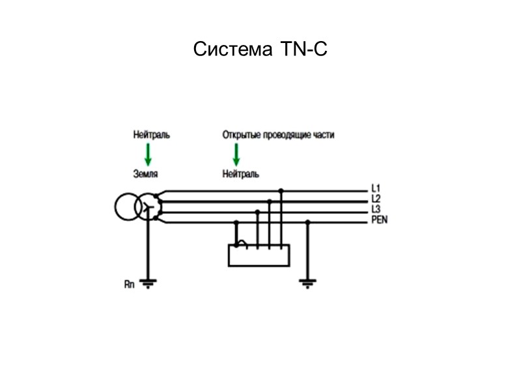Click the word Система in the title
(x=232, y=50)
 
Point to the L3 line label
(x=376, y=209)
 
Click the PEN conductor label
(x=380, y=220)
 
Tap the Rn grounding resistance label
(x=129, y=285)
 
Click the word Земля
(x=146, y=174)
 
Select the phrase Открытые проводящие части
(x=278, y=135)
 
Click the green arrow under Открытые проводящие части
(x=236, y=154)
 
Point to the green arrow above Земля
(x=148, y=154)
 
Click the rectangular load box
(x=259, y=255)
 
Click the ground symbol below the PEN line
(x=308, y=283)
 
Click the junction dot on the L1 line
(x=281, y=191)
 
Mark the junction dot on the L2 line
(x=269, y=201)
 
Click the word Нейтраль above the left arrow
(x=151, y=135)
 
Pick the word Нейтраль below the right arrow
(x=240, y=174)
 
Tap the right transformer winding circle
(x=149, y=207)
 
